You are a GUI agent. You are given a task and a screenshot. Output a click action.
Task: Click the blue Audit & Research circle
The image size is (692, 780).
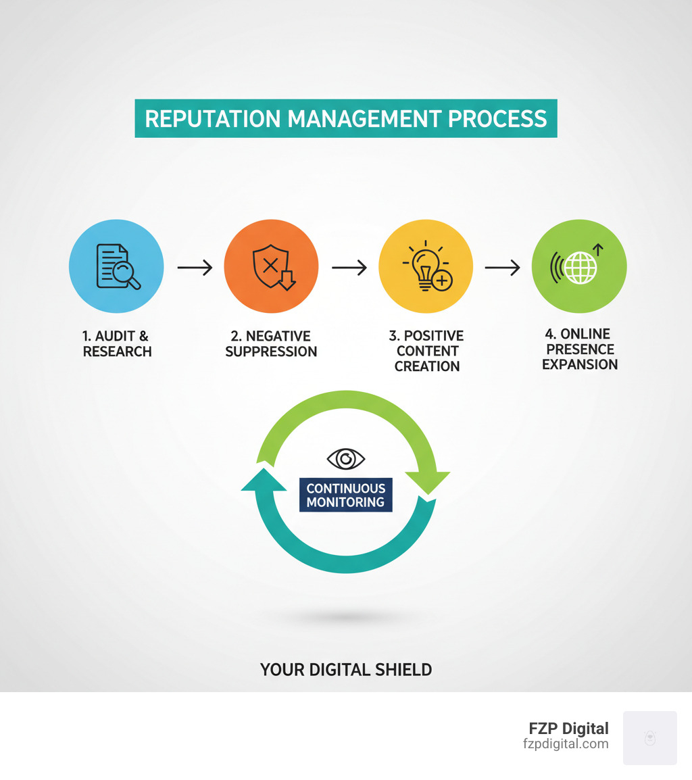click(116, 266)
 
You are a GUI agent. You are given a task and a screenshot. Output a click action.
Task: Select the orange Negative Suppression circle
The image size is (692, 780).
click(271, 266)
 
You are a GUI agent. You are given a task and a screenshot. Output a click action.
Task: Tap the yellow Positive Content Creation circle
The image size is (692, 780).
click(426, 266)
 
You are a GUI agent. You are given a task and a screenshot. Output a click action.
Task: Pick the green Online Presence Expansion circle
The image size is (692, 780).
click(579, 266)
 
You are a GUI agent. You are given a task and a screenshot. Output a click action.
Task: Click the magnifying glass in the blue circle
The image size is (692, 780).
click(126, 274)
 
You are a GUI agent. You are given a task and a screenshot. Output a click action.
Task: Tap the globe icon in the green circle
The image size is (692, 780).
click(580, 268)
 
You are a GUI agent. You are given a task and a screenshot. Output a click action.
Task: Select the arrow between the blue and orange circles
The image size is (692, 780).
click(195, 268)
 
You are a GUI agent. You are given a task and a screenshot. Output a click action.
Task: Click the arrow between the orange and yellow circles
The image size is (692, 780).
click(349, 268)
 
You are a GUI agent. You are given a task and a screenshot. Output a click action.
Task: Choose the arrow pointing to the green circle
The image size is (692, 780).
click(502, 268)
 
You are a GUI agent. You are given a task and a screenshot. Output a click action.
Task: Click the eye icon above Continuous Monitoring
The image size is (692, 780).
click(345, 459)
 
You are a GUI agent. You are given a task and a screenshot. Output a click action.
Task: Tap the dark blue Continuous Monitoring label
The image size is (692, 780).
click(345, 495)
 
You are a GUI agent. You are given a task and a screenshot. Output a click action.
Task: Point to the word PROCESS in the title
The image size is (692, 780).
click(497, 119)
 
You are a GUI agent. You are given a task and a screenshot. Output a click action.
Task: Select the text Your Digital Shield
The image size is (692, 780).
click(345, 670)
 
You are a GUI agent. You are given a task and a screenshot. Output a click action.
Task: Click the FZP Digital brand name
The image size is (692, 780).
click(568, 729)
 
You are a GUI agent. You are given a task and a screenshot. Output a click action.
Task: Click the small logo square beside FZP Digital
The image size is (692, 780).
click(649, 737)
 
